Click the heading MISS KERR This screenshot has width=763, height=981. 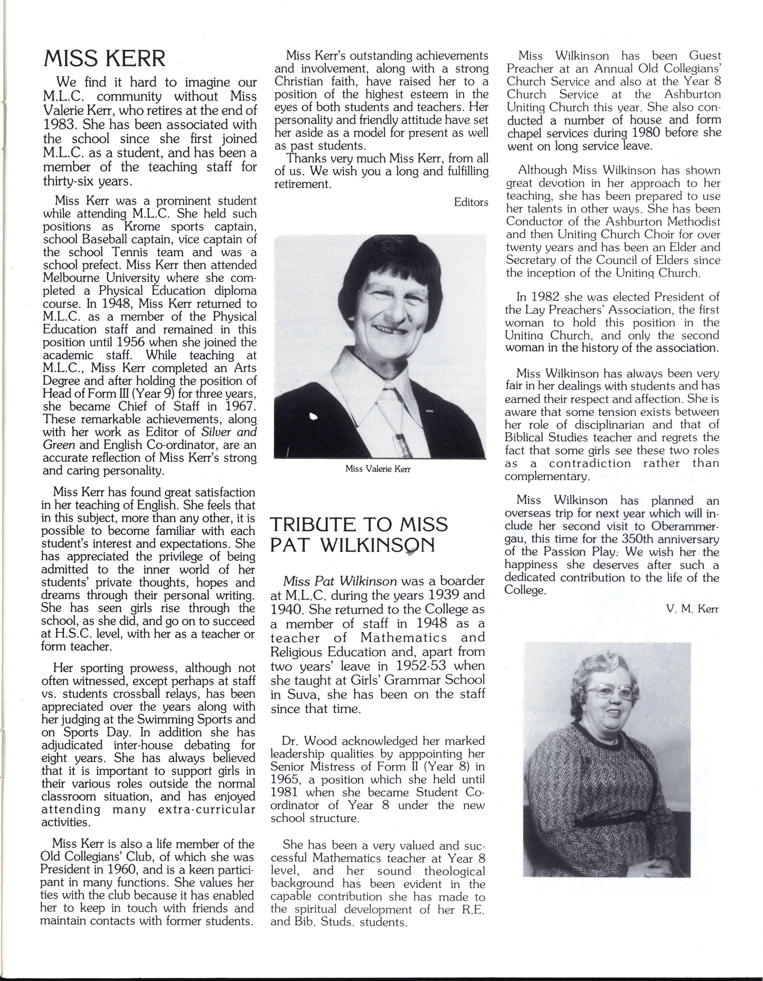click(x=104, y=59)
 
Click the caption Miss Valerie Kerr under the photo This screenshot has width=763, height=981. click(x=378, y=469)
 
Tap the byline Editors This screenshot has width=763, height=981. click(x=471, y=202)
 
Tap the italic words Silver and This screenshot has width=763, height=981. click(x=229, y=432)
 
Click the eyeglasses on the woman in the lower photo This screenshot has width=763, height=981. click(x=612, y=692)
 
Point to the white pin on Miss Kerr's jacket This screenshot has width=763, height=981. click(x=314, y=417)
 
